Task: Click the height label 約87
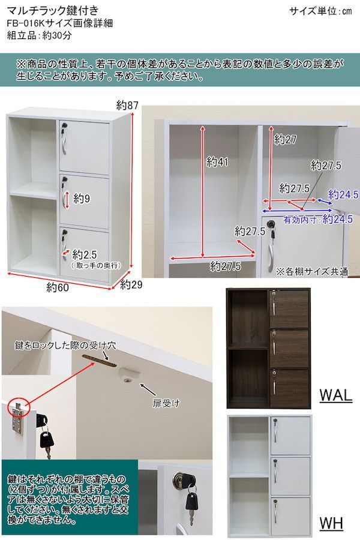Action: [128, 106]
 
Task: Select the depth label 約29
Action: [130, 284]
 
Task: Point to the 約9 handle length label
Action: [82, 198]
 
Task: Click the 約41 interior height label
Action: [218, 161]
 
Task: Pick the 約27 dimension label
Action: [286, 140]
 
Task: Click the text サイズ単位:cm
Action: [320, 11]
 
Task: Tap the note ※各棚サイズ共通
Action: [312, 271]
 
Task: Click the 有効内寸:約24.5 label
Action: [318, 220]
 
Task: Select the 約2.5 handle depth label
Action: [85, 254]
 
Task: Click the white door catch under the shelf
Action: [126, 374]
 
